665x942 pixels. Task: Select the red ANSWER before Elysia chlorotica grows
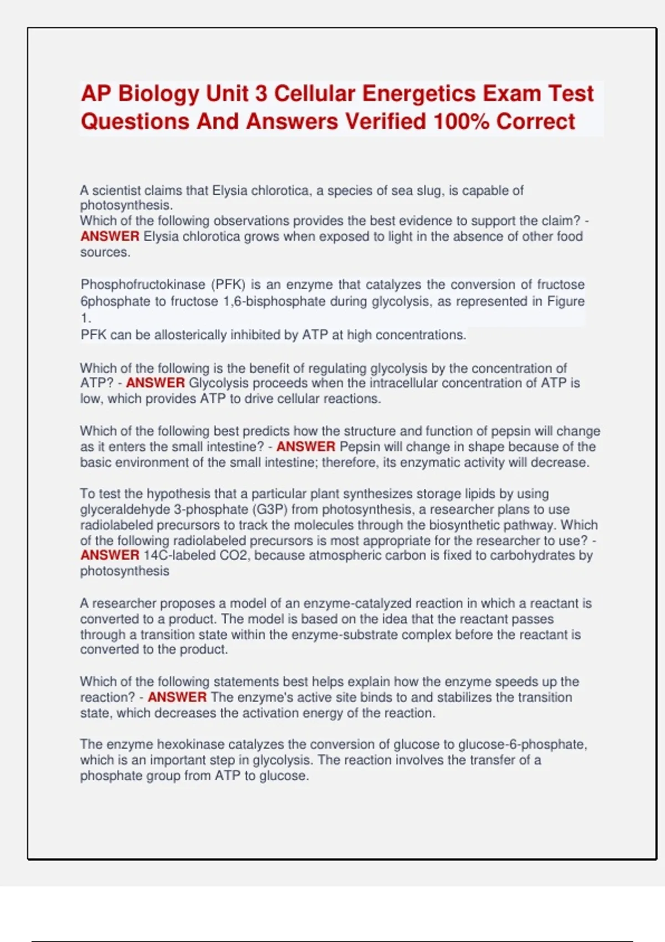coord(110,237)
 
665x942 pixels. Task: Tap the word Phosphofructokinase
coord(143,285)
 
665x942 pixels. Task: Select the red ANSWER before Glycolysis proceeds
coord(155,383)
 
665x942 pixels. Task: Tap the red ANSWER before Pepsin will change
coord(306,447)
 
